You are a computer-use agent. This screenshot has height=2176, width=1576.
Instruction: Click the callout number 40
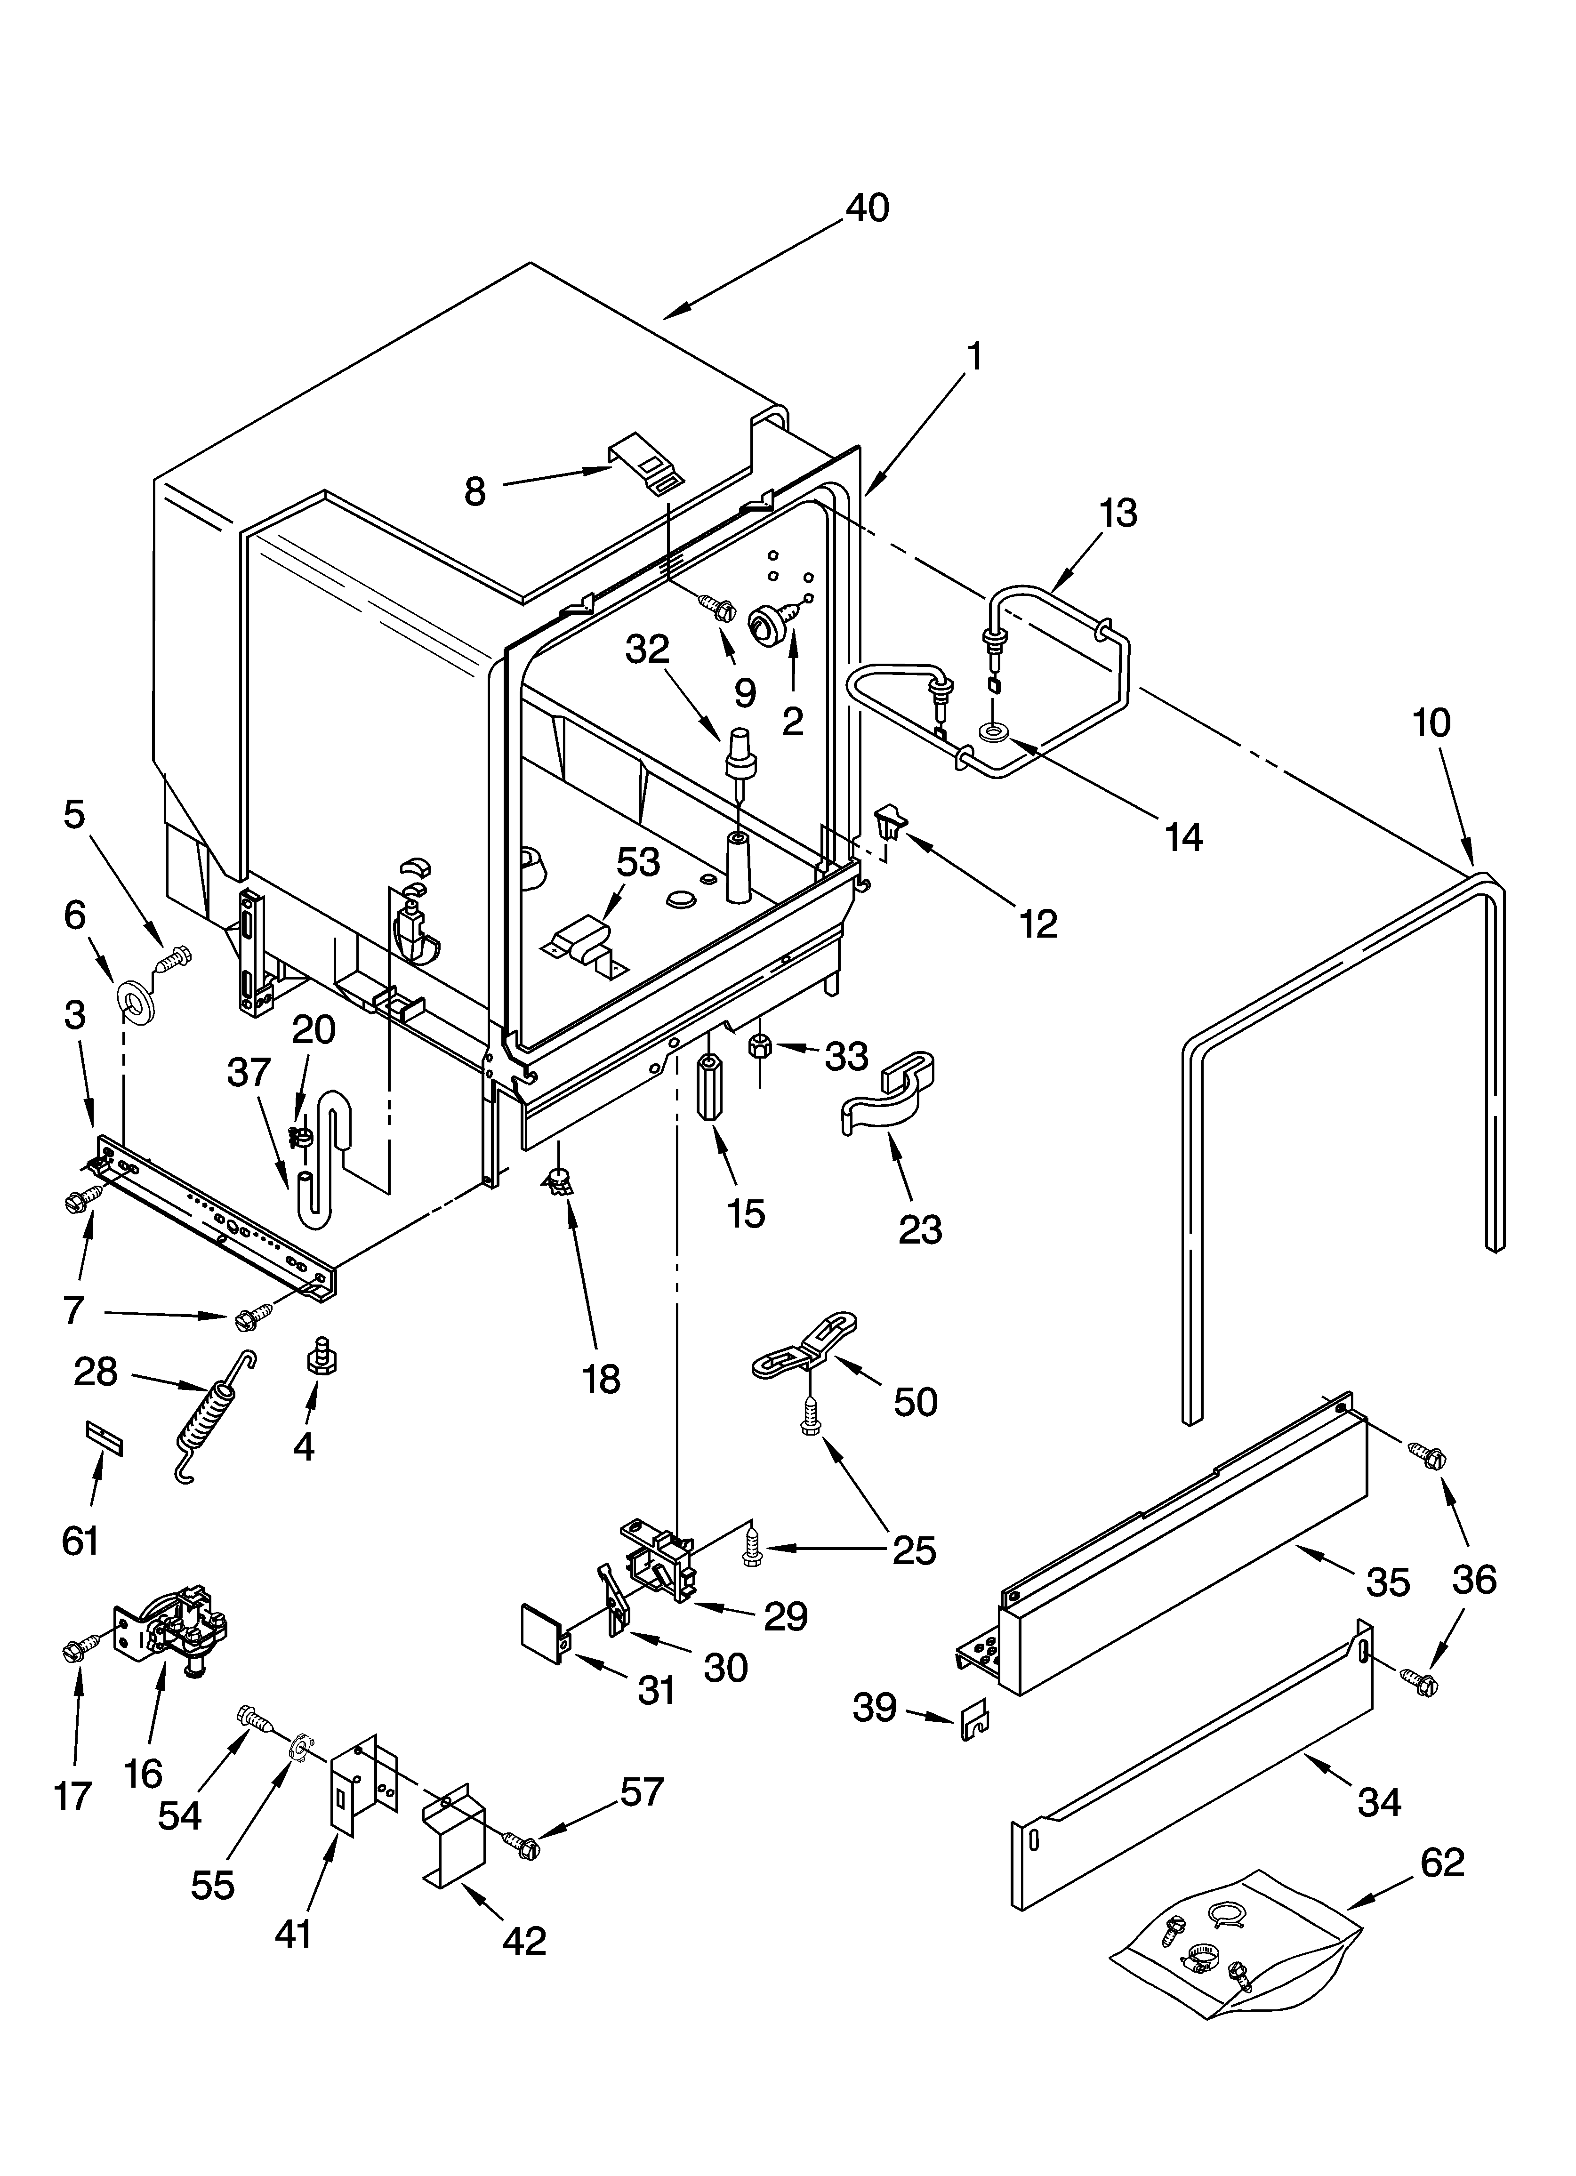click(x=867, y=208)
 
